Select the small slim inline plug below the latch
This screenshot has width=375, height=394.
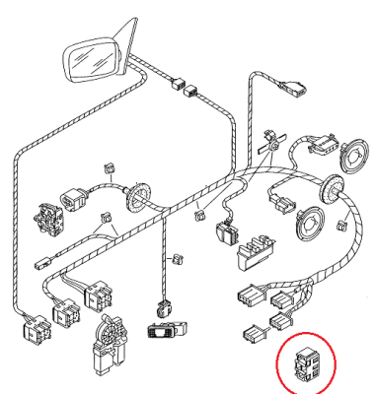coord(42,263)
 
